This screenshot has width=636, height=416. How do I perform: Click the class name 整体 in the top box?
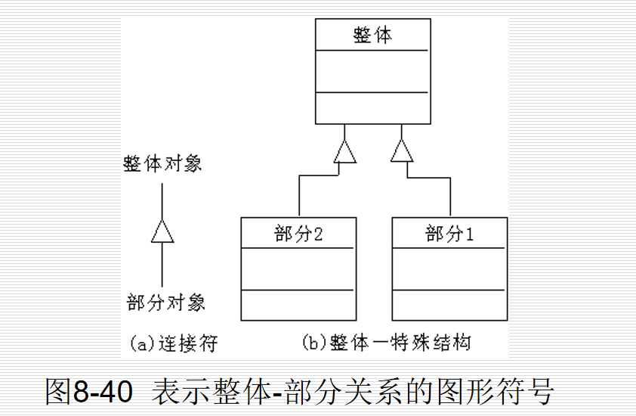372,35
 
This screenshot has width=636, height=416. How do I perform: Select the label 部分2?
298,234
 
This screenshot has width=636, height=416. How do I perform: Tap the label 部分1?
449,234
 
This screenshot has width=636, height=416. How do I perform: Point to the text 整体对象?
163,164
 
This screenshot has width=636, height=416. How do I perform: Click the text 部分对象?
165,303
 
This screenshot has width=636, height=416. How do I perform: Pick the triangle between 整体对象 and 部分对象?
162,231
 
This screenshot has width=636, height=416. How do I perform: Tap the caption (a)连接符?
174,343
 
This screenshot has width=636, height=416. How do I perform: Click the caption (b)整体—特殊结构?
386,343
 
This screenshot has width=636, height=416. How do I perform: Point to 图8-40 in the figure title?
89,392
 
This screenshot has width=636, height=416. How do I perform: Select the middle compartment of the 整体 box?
372,71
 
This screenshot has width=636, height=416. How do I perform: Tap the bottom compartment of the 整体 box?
372,107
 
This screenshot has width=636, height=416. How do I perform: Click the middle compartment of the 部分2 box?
298,269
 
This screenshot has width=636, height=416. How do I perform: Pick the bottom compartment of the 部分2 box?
298,304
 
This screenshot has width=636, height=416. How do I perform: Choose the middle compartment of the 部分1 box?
449,269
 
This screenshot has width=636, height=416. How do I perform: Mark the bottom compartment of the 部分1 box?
449,304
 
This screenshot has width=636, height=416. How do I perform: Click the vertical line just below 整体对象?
162,200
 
